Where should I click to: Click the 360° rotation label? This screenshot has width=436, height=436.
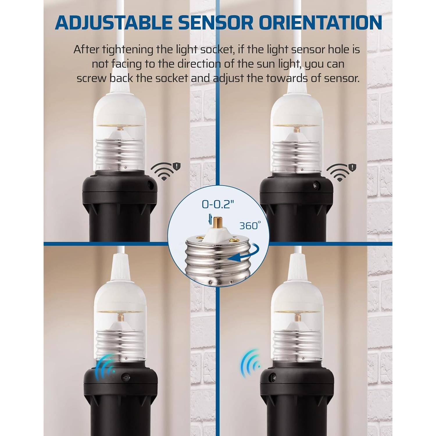(250, 226)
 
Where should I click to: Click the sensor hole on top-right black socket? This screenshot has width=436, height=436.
(315, 185)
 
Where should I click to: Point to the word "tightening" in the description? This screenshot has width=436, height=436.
(125, 50)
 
